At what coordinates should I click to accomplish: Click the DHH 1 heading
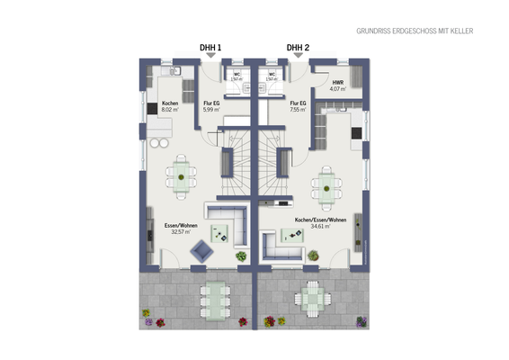click(210, 48)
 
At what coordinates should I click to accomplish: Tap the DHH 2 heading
click(298, 48)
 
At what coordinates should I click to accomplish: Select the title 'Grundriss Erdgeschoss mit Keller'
click(415, 31)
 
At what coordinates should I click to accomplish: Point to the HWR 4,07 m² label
click(337, 85)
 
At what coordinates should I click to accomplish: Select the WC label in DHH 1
click(237, 76)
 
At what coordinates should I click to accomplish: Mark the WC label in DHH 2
click(271, 76)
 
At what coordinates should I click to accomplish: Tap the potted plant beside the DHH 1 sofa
click(241, 256)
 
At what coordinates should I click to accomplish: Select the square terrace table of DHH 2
click(310, 297)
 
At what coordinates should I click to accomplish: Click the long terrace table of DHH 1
click(214, 296)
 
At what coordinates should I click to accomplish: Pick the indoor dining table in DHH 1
click(183, 173)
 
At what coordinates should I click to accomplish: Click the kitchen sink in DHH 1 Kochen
click(174, 69)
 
